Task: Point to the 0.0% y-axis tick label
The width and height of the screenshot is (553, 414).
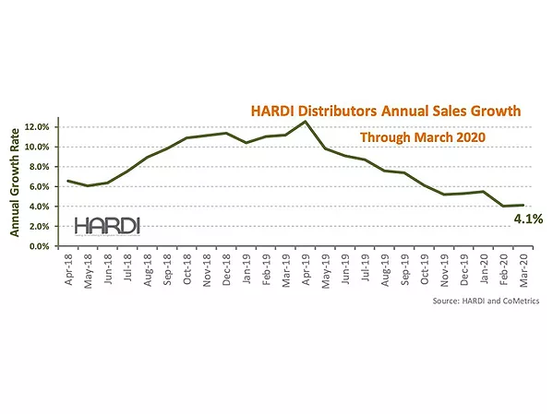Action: point(43,247)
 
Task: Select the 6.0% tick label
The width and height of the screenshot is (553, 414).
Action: point(43,186)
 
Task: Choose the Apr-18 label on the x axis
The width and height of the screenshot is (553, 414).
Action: point(69,267)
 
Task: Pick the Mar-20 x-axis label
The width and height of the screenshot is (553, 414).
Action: point(524,267)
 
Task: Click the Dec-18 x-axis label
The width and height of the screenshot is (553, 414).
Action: point(227,267)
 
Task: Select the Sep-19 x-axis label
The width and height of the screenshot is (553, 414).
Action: point(405,267)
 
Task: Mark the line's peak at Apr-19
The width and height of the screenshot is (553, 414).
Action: point(305,121)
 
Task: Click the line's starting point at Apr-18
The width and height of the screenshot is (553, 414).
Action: point(68,181)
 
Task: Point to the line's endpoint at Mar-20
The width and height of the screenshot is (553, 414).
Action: point(523,205)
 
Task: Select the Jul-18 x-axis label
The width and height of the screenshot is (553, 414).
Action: point(128,267)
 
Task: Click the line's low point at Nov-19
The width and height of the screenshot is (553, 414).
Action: point(444,195)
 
